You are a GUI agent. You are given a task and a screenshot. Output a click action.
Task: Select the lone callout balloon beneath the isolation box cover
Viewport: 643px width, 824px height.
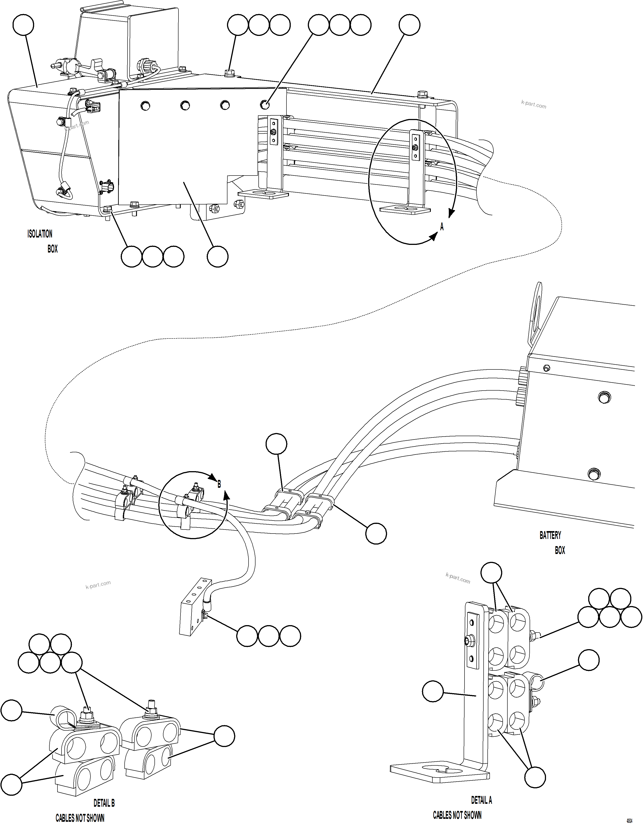coord(217,257)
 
